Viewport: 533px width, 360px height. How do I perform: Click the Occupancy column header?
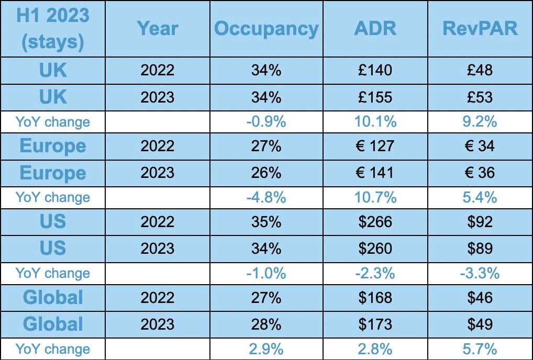point(266,28)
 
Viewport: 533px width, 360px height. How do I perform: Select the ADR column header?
point(375,28)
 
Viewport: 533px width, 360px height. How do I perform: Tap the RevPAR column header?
point(480,28)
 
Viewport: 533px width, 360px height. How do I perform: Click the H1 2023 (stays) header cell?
point(53,28)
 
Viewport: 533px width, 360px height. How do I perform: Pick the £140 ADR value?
point(375,70)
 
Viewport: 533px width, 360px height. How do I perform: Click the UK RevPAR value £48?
point(480,70)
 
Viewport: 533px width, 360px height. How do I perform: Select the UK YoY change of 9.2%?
point(480,122)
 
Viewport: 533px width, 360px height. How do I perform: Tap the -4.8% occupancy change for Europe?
point(266,197)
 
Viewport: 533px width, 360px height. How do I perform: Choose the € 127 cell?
point(375,146)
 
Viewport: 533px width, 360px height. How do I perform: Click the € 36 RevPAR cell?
point(480,172)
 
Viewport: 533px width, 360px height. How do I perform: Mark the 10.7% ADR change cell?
point(375,197)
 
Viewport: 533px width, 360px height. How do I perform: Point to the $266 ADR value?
point(375,222)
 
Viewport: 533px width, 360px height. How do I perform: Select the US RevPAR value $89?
point(480,248)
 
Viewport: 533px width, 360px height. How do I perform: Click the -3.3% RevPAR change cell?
point(480,273)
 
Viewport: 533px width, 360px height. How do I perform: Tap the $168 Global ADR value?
point(375,298)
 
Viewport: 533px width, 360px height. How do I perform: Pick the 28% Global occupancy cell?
point(266,324)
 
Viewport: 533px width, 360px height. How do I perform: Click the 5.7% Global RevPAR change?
point(480,348)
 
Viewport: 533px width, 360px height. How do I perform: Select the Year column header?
point(158,28)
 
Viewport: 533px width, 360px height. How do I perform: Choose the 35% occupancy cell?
point(266,222)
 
